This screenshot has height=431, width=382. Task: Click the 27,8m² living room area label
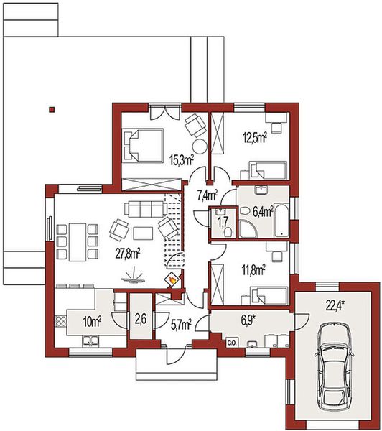(128, 254)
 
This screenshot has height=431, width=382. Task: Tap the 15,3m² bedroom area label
(182, 160)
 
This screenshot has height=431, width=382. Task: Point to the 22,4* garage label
(335, 306)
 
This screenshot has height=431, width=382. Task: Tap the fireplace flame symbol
(172, 280)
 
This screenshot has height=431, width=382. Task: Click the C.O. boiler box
(232, 343)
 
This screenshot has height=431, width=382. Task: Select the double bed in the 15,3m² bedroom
(142, 145)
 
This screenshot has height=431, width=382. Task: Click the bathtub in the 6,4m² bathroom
(282, 220)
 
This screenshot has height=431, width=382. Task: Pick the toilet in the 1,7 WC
(228, 233)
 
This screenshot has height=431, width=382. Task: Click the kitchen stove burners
(60, 320)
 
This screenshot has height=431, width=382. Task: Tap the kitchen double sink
(90, 340)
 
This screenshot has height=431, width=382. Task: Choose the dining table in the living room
(78, 243)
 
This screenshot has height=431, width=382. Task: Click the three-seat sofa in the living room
(146, 208)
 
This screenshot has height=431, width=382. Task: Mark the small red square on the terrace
(52, 110)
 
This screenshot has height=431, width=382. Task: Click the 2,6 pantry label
(141, 320)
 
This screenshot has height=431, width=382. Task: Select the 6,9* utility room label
(249, 320)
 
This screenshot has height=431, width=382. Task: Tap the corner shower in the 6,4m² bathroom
(248, 228)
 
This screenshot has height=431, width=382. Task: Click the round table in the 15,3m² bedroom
(200, 147)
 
